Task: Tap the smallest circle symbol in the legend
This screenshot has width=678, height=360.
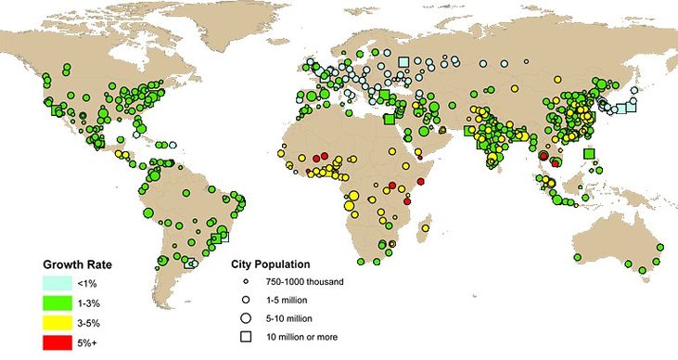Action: click(x=246, y=281)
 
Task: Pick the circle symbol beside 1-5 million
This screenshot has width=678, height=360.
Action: click(x=246, y=300)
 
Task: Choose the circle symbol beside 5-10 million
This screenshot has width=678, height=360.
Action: click(x=246, y=317)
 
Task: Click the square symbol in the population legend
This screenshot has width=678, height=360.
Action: click(x=246, y=337)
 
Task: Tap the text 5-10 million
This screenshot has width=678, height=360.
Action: click(x=295, y=317)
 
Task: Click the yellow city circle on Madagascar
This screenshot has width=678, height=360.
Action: click(x=426, y=228)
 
